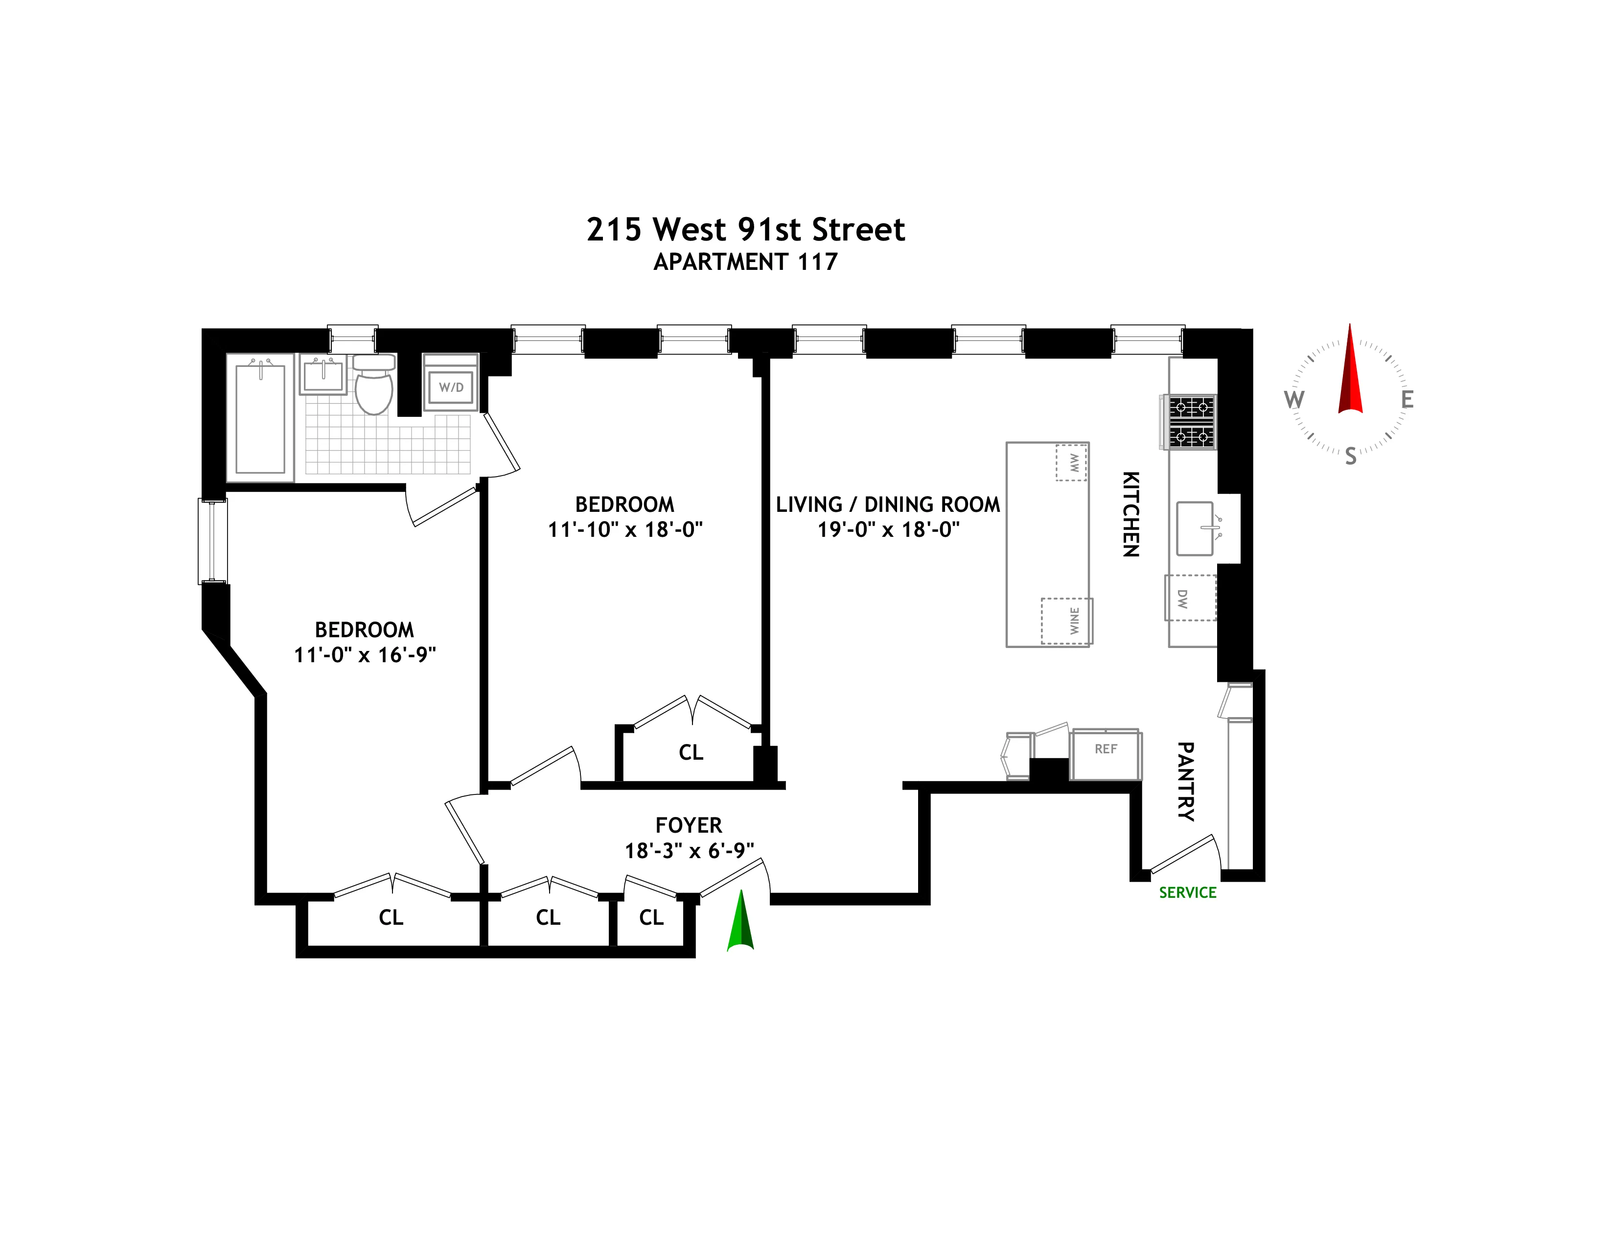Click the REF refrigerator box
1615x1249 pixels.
click(1106, 755)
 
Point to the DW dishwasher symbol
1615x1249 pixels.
click(1190, 598)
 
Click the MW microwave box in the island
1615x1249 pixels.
click(1071, 462)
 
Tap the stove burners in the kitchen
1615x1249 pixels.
click(1191, 422)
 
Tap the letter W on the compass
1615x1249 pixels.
click(1293, 400)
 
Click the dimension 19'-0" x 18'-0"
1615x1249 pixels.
click(888, 530)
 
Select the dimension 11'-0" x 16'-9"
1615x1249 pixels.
click(365, 655)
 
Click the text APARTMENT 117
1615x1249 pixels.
click(745, 262)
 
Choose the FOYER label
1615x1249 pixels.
click(689, 825)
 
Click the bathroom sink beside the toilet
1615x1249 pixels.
click(323, 376)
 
